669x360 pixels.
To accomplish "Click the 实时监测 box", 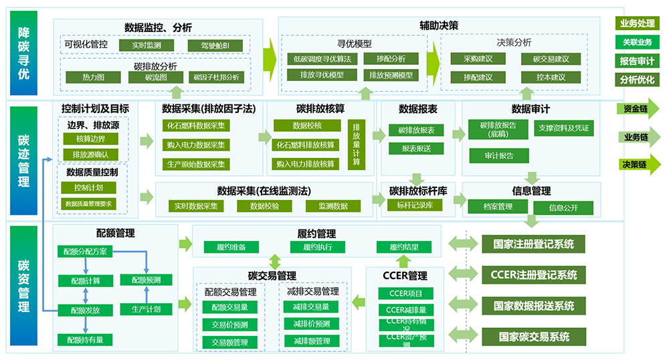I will click(x=146, y=45).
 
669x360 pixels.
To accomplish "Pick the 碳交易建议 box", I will click(x=551, y=59).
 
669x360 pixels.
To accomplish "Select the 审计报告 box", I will click(x=500, y=156).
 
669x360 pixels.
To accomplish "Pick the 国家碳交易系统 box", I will click(x=532, y=337).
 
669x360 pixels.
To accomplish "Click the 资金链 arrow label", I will click(x=636, y=109).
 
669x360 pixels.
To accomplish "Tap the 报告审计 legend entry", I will click(x=636, y=61).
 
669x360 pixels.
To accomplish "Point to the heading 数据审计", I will click(x=531, y=109).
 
